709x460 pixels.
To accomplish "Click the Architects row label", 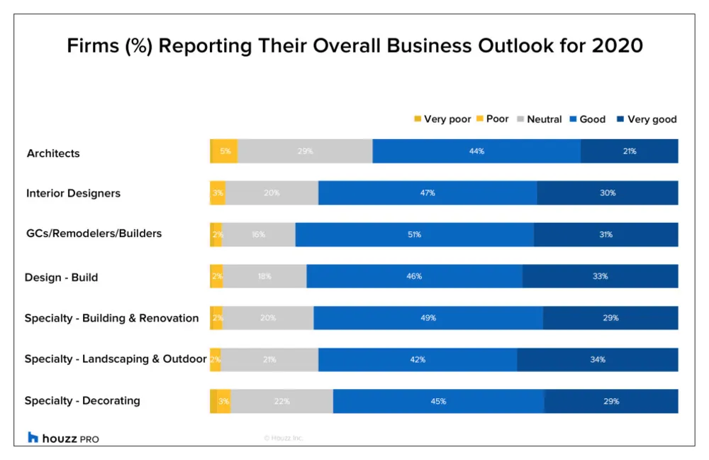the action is tap(53, 153).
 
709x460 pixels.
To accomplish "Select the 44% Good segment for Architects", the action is tap(476, 151).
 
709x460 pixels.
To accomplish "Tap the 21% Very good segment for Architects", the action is tap(630, 151).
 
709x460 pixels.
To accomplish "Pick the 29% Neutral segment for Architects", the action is tap(305, 151).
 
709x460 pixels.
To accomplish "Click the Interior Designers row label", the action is tap(73, 193).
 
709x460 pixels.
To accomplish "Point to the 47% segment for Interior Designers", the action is tap(428, 193).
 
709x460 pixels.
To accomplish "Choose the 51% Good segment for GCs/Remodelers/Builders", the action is tap(415, 234).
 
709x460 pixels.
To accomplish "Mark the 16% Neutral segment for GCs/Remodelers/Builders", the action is tap(259, 234).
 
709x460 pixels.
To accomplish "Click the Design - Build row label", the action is tap(61, 277).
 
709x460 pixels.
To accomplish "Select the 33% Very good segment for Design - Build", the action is tap(601, 276).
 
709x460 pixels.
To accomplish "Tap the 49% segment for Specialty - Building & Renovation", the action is tap(428, 318).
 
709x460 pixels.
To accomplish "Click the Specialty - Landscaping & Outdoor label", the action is tap(116, 359).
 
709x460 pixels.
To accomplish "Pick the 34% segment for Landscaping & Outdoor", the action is tap(598, 359).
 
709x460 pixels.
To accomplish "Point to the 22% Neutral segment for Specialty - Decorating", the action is tap(282, 401).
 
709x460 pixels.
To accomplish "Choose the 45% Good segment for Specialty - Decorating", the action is tap(439, 401).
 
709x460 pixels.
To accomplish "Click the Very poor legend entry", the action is tap(442, 119).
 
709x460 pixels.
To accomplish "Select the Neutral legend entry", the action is tap(540, 119).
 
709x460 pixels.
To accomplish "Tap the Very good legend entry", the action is tap(647, 119).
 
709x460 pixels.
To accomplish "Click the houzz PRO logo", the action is tap(63, 438).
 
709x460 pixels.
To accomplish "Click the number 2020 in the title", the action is tap(618, 45).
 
